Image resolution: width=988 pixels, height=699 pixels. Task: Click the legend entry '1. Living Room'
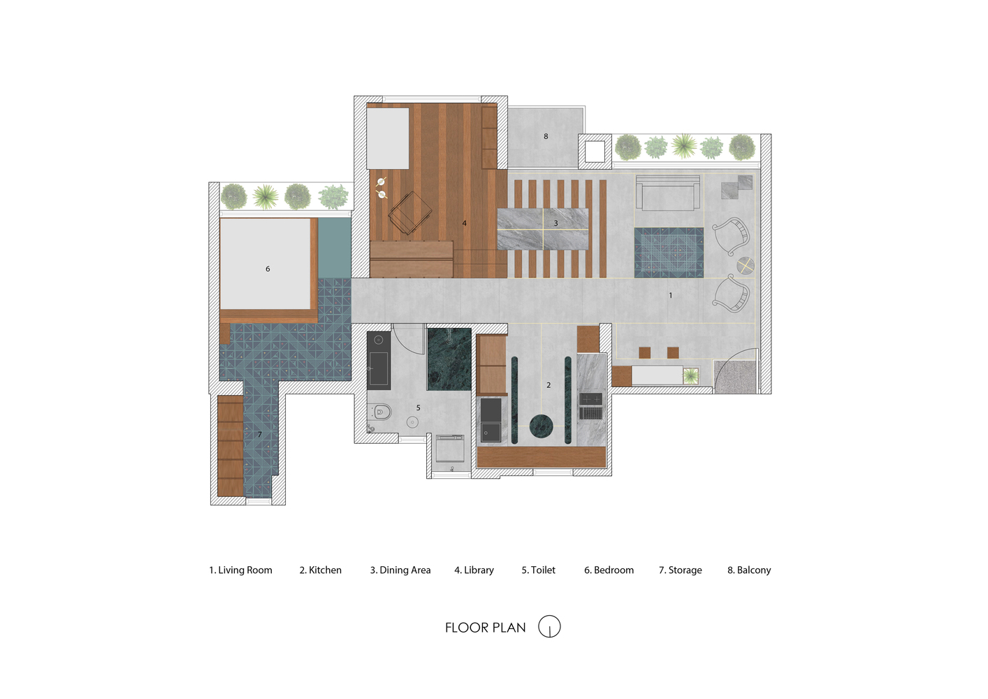click(240, 570)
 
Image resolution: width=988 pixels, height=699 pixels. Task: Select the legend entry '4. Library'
click(474, 570)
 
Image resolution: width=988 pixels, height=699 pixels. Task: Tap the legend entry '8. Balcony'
click(749, 570)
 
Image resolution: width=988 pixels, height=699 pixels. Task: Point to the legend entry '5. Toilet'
click(538, 570)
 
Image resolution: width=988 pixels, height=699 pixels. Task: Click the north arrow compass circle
click(549, 626)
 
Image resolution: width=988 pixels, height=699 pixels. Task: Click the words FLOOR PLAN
click(485, 628)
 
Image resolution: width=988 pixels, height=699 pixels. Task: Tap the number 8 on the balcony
click(546, 136)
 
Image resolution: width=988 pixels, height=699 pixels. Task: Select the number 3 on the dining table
click(555, 223)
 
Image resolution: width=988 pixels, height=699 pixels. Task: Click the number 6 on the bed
click(268, 268)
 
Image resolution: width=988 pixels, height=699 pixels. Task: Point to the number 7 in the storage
click(259, 434)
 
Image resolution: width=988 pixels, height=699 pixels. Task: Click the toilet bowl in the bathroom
click(380, 412)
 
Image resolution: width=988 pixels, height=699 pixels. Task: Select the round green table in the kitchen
click(542, 426)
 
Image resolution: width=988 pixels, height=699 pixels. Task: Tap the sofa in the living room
click(668, 193)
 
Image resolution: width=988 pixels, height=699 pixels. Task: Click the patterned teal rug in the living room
click(669, 252)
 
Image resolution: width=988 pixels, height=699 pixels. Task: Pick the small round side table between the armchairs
click(745, 266)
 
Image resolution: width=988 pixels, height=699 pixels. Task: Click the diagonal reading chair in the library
click(409, 212)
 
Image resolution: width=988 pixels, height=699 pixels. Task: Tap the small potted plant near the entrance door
click(690, 376)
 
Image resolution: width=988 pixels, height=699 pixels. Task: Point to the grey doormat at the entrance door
click(735, 377)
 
